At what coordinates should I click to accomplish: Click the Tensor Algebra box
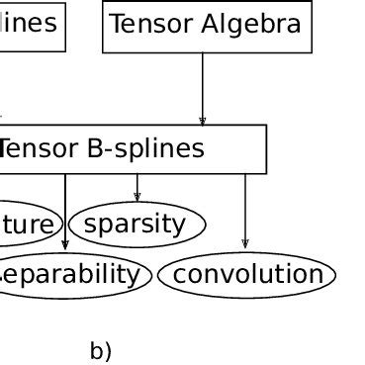point(207,27)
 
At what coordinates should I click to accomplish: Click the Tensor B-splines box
point(129,149)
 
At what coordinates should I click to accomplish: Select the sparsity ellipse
point(136,225)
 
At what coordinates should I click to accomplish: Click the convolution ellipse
point(246,275)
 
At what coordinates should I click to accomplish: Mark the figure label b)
point(101,351)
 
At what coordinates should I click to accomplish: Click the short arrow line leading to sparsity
point(137,185)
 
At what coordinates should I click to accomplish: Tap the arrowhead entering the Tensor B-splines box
point(203,121)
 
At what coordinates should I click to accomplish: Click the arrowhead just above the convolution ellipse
point(245,243)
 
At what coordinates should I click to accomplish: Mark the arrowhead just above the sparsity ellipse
point(137,196)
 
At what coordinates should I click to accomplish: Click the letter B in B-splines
point(95,149)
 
